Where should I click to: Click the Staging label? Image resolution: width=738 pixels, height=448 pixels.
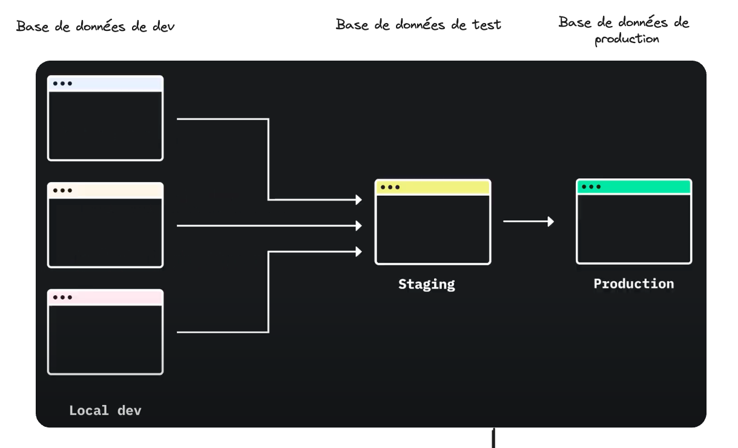[x=426, y=284]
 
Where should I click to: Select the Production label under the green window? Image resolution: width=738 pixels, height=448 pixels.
[x=633, y=284]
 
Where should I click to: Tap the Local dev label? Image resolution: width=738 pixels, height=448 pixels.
[x=105, y=410]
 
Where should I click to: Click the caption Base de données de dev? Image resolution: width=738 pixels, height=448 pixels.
[x=96, y=27]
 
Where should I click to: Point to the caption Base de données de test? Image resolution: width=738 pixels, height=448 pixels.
[x=418, y=25]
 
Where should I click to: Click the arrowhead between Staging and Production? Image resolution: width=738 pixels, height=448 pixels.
[x=550, y=221]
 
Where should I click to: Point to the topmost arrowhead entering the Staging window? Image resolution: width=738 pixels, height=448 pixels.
[x=358, y=199]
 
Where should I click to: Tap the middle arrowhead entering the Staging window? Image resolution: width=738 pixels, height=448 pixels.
[x=358, y=226]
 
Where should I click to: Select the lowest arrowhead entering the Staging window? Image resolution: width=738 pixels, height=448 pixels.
[x=358, y=251]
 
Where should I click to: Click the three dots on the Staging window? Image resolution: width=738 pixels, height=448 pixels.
[x=389, y=187]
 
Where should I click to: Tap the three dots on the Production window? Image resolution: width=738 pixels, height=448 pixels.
[x=591, y=186]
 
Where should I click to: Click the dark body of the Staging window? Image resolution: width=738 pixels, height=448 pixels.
[x=432, y=229]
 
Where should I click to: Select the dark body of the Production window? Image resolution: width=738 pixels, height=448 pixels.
[x=633, y=229]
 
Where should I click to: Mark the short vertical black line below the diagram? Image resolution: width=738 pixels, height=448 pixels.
[x=495, y=438]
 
